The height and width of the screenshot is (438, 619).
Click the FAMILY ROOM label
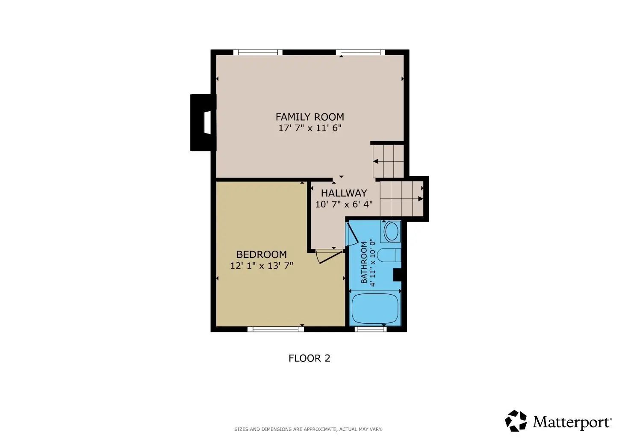pos(310,117)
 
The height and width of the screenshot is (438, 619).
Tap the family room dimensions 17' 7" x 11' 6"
pos(310,128)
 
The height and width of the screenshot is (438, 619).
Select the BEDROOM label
pos(262,254)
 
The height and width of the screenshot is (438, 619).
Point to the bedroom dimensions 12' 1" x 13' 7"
pos(262,266)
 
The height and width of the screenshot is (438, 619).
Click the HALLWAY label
pos(344,193)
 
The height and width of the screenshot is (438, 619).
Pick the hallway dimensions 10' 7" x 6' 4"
pos(344,204)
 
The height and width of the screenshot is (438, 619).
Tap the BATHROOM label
pos(364,262)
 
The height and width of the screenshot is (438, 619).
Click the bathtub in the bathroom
pos(375,308)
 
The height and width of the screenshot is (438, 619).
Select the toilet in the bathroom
pos(389,255)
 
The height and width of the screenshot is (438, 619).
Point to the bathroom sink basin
pos(392,232)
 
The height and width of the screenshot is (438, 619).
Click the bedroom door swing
pos(329,256)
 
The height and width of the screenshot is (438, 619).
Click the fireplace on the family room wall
pos(203,122)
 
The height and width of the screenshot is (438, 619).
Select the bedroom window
pos(275,329)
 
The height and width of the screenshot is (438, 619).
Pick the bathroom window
pos(370,329)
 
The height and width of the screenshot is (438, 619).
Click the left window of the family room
pos(258,52)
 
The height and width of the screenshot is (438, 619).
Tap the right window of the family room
pos(360,52)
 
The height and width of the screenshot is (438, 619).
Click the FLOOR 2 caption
pos(309,358)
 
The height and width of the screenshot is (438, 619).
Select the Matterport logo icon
pos(516,421)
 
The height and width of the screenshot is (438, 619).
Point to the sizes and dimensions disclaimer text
pos(308,429)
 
